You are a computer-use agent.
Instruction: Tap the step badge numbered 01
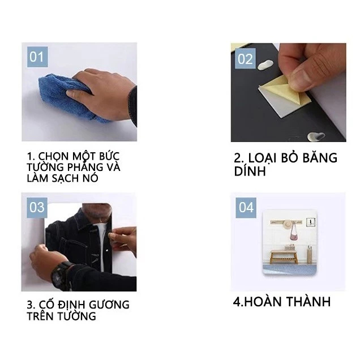tap(37, 57)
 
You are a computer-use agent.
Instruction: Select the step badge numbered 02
tap(245, 58)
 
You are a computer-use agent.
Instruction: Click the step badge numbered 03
tap(37, 208)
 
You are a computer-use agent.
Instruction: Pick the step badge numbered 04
tap(246, 208)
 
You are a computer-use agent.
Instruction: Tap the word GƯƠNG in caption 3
tap(109, 305)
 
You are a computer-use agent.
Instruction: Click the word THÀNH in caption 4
tap(308, 302)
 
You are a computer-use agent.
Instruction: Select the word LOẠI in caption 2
tap(262, 158)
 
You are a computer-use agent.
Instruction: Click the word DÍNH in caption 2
tap(250, 171)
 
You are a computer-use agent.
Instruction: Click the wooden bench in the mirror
tap(284, 257)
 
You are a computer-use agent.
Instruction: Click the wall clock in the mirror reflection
tap(311, 222)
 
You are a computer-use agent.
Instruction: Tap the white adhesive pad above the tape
tap(265, 65)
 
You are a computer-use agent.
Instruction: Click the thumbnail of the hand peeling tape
tap(288, 92)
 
